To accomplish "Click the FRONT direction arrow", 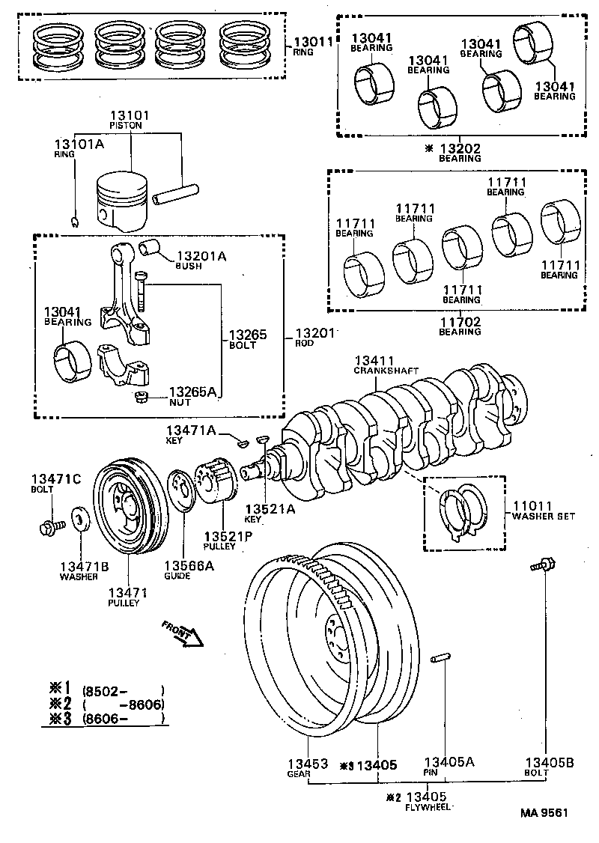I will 183,633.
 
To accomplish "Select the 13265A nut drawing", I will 139,397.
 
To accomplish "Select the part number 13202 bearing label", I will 460,149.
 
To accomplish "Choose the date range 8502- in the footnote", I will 105,690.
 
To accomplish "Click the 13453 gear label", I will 308,764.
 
